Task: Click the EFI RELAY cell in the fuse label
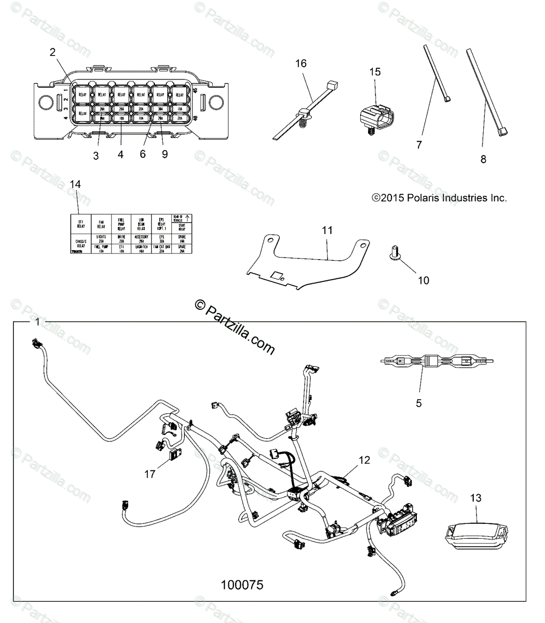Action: click(x=81, y=224)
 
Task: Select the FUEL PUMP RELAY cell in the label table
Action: click(x=120, y=224)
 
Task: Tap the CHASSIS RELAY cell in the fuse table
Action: click(x=81, y=244)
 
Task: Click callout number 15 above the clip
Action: click(x=375, y=72)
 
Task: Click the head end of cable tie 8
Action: click(x=501, y=133)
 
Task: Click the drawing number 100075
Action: click(x=242, y=585)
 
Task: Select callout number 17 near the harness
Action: click(x=150, y=473)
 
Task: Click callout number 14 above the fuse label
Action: click(x=75, y=184)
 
